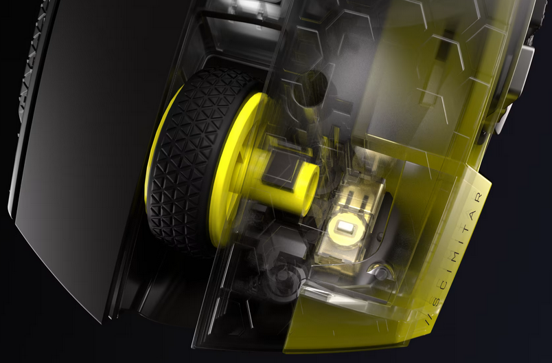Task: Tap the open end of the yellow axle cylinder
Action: tap(309, 190)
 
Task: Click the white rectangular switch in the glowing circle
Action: tap(345, 227)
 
